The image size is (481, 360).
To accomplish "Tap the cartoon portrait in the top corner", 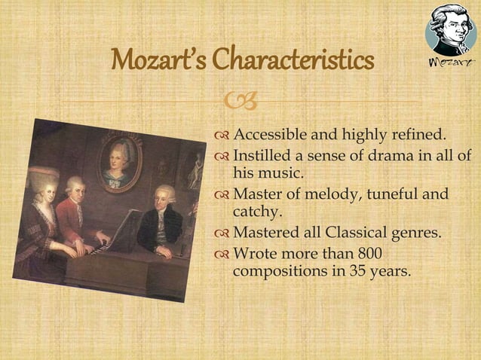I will pos(450,29).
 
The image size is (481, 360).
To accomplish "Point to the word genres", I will pos(415,233).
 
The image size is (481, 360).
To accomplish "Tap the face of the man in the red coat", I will pos(74,187).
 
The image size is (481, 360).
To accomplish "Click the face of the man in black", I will pos(165,199).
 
